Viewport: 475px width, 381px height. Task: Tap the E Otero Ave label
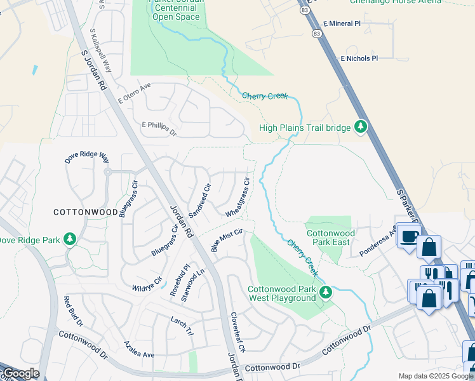click(133, 93)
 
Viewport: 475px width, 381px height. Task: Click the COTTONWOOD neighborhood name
click(85, 211)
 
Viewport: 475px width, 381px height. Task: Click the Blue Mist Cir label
click(227, 241)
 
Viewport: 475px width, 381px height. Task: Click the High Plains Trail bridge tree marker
click(361, 128)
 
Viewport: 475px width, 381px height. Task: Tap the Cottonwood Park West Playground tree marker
click(326, 292)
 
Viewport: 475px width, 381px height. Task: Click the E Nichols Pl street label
click(359, 58)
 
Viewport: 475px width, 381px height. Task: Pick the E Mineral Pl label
click(341, 23)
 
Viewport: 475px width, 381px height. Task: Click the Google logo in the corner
click(20, 373)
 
